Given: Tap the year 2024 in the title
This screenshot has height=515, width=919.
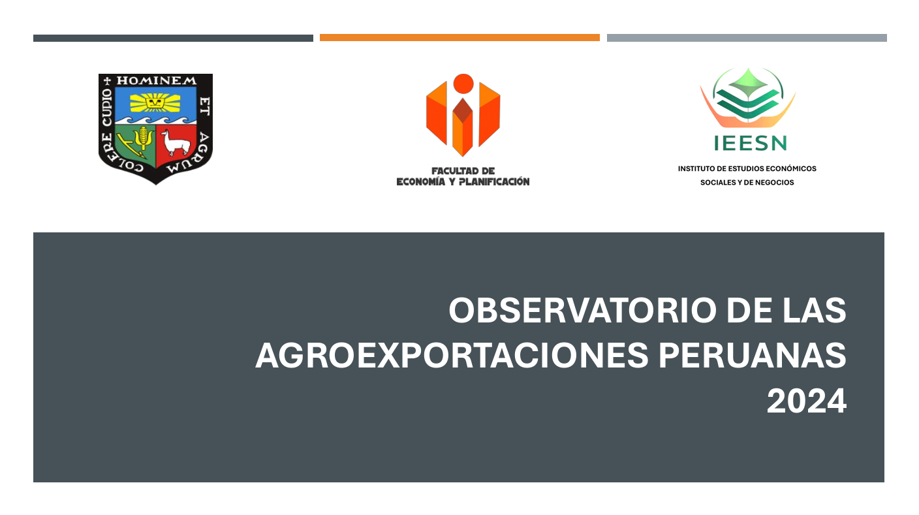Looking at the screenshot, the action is tap(807, 401).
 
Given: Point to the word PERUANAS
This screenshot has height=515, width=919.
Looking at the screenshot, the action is tap(753, 355).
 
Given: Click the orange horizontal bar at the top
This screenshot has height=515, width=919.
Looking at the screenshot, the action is tap(459, 38).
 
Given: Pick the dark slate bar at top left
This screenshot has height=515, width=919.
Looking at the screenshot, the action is tap(173, 38).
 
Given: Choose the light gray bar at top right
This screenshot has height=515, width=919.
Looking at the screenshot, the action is tap(747, 38).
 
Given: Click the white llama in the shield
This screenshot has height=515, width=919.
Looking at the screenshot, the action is tap(175, 142).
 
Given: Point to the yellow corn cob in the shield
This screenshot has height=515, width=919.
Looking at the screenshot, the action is tap(143, 135).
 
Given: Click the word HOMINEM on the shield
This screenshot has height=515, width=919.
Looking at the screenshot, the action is tap(156, 80).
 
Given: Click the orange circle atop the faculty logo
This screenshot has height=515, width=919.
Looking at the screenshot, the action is tap(463, 84).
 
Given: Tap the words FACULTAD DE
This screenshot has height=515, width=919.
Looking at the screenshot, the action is tap(463, 171).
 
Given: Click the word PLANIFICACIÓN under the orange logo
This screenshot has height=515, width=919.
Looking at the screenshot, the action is tap(494, 182).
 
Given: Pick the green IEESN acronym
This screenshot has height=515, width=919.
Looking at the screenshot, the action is tap(751, 143).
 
